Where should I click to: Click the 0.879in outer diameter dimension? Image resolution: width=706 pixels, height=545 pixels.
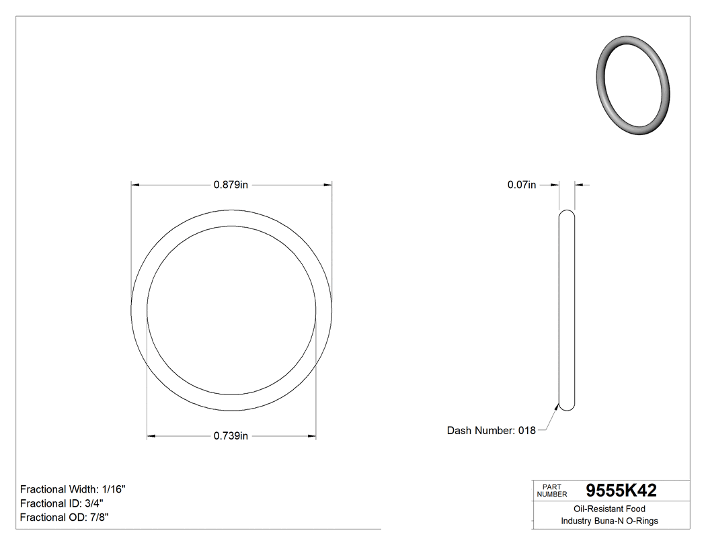[231, 185]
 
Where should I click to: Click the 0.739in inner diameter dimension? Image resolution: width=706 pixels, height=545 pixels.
[231, 436]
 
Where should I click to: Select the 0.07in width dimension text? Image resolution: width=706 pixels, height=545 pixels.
[521, 185]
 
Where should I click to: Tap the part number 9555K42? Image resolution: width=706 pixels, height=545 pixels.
[621, 491]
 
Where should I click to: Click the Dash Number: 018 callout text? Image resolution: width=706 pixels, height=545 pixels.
[491, 430]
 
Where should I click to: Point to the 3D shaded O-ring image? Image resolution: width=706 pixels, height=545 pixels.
[633, 87]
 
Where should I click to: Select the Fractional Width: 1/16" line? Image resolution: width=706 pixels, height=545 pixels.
[73, 489]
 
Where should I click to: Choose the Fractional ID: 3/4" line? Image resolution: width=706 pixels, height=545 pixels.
[62, 503]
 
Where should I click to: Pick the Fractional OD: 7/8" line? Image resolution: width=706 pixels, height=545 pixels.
[65, 517]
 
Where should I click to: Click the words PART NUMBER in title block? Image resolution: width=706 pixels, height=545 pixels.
[551, 491]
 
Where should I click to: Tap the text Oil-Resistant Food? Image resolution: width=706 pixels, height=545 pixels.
[609, 509]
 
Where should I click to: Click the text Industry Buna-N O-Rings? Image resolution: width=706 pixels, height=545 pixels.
[609, 521]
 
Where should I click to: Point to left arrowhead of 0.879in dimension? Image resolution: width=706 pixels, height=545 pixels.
[134, 185]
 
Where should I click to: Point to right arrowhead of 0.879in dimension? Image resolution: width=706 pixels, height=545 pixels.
[329, 185]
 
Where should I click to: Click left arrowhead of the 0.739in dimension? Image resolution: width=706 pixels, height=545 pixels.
[151, 436]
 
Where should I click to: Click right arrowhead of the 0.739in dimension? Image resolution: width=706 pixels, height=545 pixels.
[312, 436]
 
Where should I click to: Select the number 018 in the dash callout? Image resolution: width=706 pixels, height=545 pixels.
[526, 430]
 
